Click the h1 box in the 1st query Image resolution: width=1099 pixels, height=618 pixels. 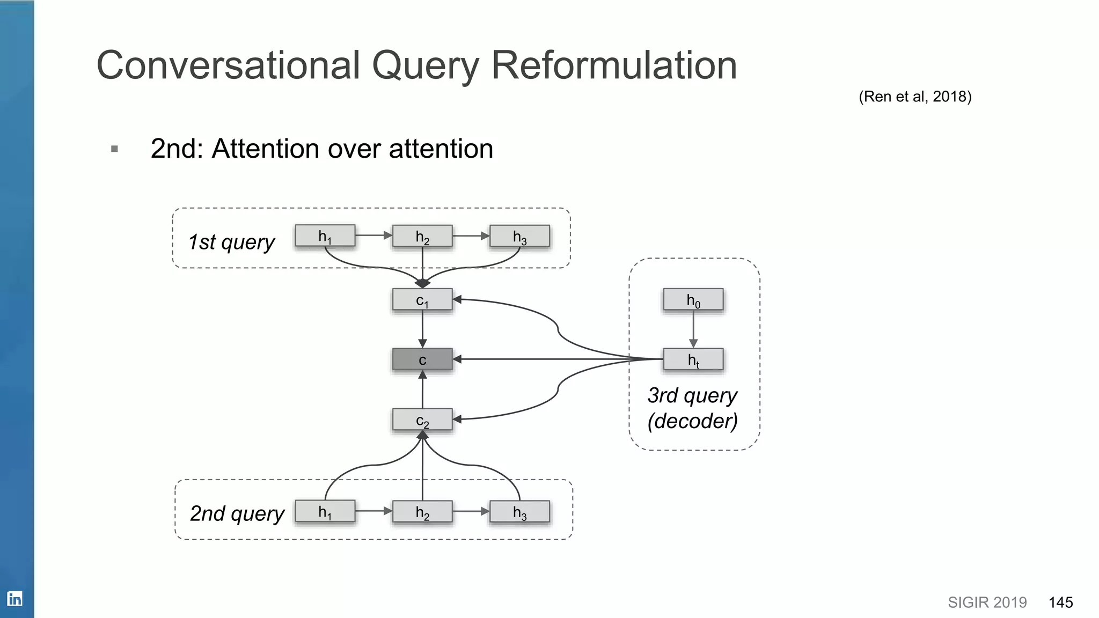325,236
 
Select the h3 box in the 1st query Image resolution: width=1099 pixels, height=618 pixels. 519,236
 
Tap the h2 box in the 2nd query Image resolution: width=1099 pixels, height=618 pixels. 422,512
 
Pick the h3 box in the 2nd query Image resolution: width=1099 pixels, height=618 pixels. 519,512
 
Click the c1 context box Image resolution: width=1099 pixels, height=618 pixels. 422,300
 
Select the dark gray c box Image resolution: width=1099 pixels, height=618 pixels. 422,359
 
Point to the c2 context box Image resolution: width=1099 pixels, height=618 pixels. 422,420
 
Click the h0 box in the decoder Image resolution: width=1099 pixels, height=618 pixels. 693,300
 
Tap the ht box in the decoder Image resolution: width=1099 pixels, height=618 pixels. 693,359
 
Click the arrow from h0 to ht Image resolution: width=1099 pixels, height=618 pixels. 693,329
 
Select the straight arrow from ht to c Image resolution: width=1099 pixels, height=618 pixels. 558,359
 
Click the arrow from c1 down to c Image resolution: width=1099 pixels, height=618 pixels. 422,328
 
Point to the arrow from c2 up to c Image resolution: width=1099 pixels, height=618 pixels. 422,390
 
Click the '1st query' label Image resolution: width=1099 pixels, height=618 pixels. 231,242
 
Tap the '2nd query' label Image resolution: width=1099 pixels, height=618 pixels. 237,513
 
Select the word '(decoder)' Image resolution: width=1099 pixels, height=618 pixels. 692,421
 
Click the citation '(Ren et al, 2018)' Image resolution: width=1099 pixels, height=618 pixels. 915,97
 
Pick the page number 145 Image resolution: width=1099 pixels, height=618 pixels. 1060,602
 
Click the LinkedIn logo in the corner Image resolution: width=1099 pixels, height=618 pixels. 14,599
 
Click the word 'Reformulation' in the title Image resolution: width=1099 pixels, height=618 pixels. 614,65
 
